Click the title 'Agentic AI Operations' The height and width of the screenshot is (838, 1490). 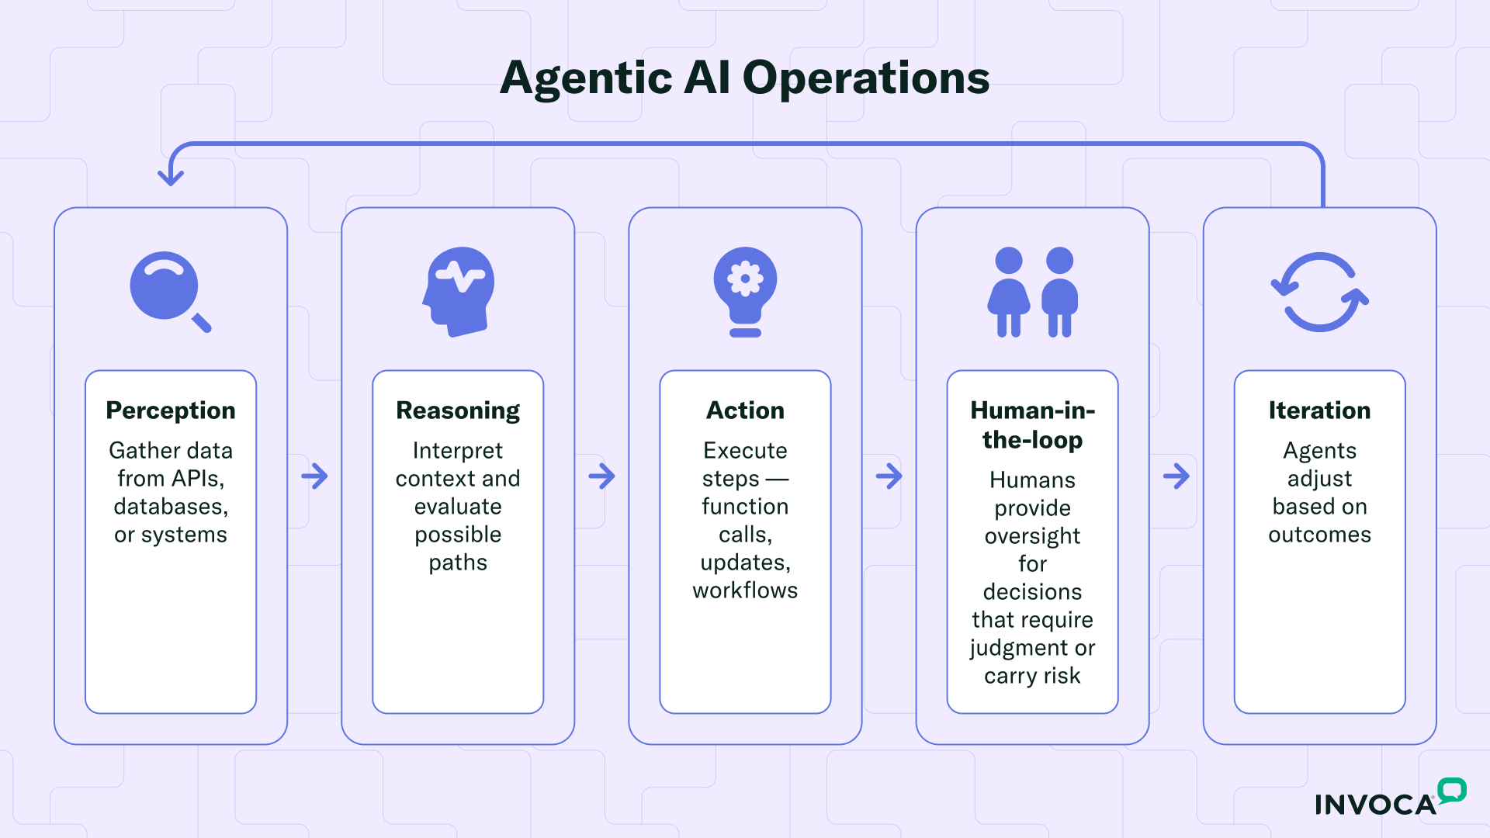[x=744, y=78]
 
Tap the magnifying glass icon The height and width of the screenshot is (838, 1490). [x=168, y=289]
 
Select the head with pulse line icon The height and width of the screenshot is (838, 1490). [x=459, y=290]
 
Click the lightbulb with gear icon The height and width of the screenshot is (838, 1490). [x=745, y=290]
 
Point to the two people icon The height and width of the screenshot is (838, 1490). [x=1032, y=292]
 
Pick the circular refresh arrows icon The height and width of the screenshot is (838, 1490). [x=1319, y=292]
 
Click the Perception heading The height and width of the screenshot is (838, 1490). [x=171, y=410]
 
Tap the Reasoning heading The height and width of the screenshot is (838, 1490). [x=458, y=410]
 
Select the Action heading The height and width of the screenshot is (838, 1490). [x=745, y=410]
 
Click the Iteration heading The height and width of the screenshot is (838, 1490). [x=1319, y=410]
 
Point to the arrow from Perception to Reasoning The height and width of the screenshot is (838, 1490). [x=314, y=476]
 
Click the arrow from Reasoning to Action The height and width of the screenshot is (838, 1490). [x=601, y=476]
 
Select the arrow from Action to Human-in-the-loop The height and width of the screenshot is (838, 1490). [x=889, y=476]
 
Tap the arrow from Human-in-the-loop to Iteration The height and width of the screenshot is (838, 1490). [x=1176, y=476]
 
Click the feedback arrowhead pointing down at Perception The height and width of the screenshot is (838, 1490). [x=171, y=177]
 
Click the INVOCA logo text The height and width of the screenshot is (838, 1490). [x=1375, y=805]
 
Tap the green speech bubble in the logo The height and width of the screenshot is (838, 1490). [x=1451, y=790]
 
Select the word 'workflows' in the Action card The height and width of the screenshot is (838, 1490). [x=745, y=590]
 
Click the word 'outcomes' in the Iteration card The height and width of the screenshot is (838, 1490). [x=1319, y=535]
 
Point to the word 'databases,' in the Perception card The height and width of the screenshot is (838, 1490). [x=171, y=507]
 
